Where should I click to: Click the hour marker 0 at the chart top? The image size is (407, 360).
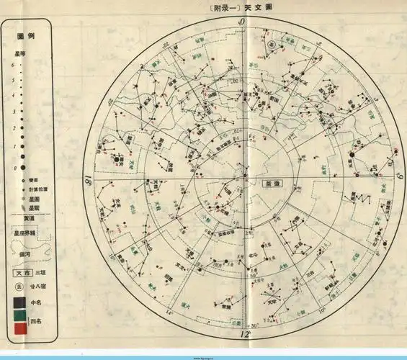[x=242, y=22]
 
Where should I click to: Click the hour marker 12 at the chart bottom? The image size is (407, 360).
[x=245, y=335]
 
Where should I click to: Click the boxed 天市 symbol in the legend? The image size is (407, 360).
[x=22, y=274]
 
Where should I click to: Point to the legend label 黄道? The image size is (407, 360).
[x=27, y=218]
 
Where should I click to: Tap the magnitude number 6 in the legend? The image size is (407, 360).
[x=12, y=65]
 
